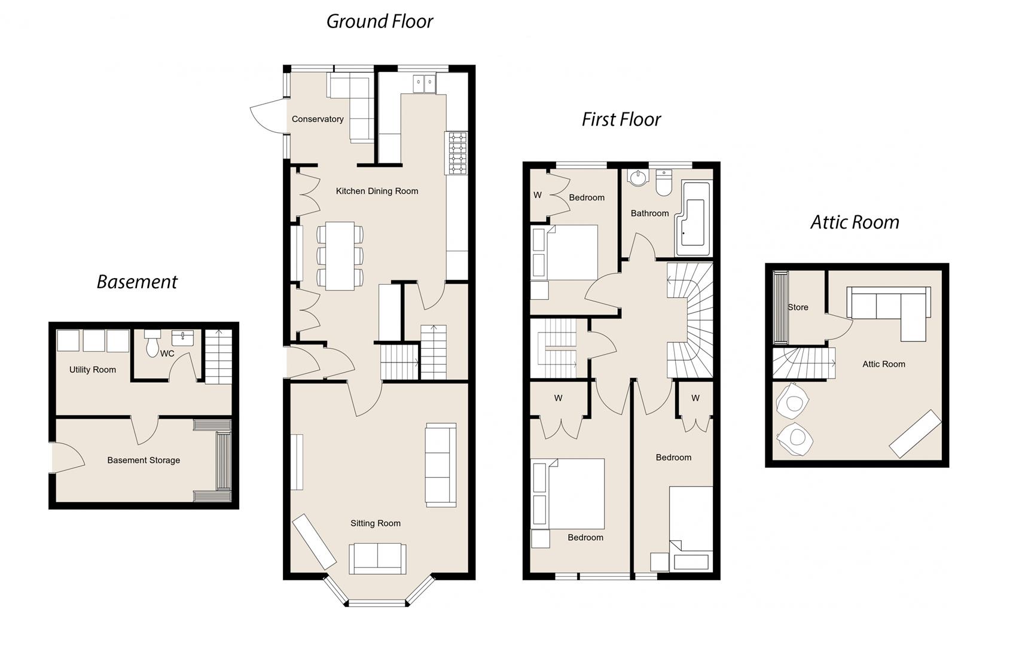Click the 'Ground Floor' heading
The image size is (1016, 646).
[x=379, y=22]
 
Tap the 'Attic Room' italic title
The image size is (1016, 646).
[x=855, y=223]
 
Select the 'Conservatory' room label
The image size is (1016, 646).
[x=318, y=119]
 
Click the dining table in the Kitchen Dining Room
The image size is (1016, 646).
[x=340, y=256]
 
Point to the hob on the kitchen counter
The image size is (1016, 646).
[x=457, y=153]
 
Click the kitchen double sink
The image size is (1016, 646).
[x=425, y=84]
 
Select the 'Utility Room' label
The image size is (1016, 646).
[x=93, y=370]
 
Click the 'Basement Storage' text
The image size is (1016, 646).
[x=144, y=460]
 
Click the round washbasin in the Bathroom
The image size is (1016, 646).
[x=638, y=178]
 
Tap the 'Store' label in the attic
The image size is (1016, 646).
[x=798, y=307]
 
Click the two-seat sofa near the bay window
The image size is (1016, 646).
[x=377, y=558]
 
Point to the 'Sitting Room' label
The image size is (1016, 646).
[x=376, y=523]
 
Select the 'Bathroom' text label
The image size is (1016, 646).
[x=649, y=214]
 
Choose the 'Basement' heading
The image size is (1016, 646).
[x=137, y=282]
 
